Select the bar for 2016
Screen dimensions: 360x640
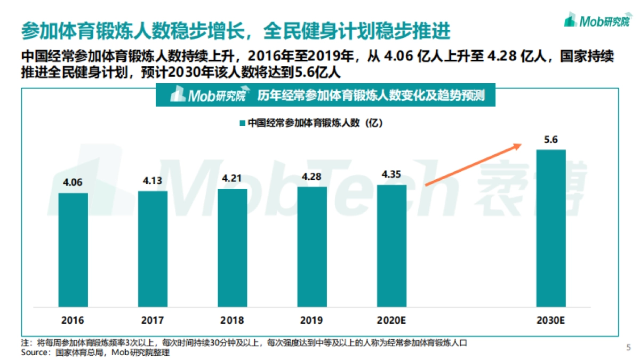tap(73, 250)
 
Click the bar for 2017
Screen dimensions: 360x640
tap(153, 249)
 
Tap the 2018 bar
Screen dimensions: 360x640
tap(232, 247)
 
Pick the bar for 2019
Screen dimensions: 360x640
tap(312, 246)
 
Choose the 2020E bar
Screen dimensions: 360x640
tap(391, 245)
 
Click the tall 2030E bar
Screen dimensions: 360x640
tap(551, 228)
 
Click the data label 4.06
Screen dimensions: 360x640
tap(73, 182)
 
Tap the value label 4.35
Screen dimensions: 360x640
tap(391, 174)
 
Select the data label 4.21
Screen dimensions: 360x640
tap(232, 178)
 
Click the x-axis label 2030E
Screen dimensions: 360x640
tap(551, 321)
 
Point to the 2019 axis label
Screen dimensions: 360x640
tap(311, 321)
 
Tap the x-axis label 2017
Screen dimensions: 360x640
tap(153, 321)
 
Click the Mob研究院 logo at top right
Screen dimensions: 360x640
tap(596, 21)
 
